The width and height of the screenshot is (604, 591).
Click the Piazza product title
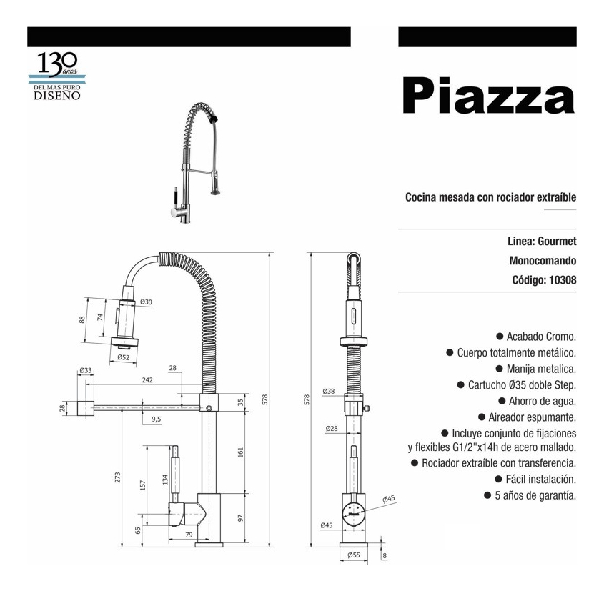point(488,95)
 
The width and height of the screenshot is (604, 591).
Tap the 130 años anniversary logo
point(57,76)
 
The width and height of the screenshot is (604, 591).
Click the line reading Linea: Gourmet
point(542,242)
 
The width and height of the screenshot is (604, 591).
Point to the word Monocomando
point(543,261)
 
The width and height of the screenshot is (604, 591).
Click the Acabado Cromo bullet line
point(536,337)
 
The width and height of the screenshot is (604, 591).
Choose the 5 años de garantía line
point(530,495)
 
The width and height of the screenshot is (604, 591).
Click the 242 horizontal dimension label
point(147,380)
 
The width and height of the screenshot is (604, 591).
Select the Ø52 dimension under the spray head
point(123,357)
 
